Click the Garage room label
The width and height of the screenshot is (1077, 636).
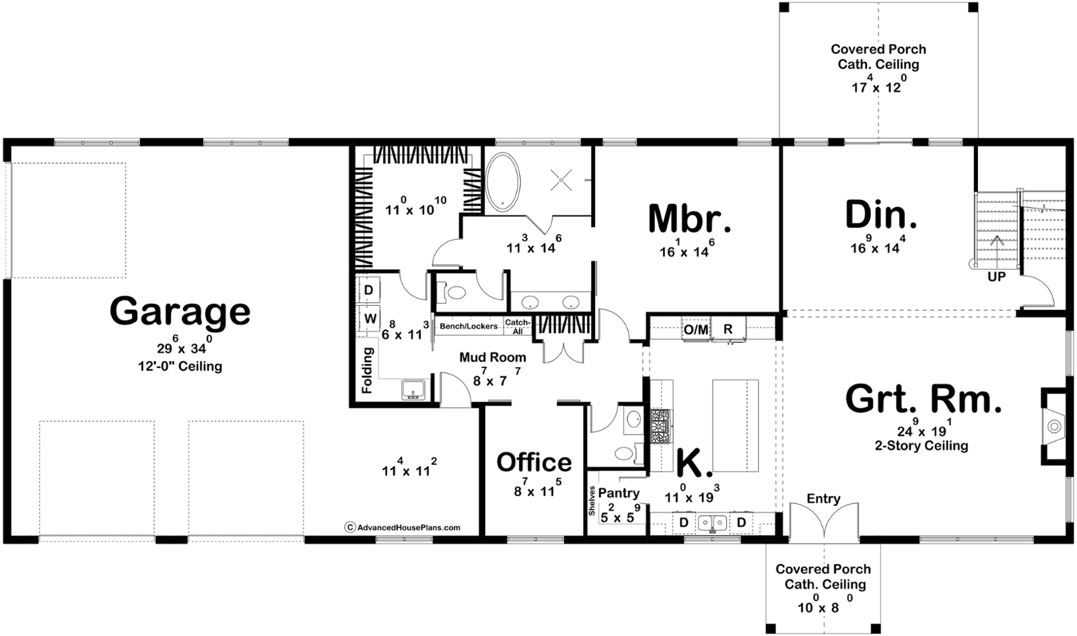tap(180, 312)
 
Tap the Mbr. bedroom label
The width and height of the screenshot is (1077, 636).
tap(689, 219)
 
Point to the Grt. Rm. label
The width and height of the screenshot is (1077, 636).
tap(924, 399)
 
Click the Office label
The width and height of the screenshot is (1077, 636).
tap(534, 462)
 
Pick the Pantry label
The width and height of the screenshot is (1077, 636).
tap(619, 493)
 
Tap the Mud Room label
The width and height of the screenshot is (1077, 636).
tap(493, 357)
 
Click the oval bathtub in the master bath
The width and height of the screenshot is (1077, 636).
tap(503, 183)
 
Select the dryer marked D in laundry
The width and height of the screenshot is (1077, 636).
tap(369, 290)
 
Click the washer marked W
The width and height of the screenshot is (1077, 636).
tap(370, 318)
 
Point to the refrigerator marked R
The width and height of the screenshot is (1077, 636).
tap(728, 329)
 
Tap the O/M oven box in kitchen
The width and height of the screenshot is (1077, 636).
tap(696, 329)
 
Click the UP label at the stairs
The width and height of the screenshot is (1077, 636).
tap(996, 277)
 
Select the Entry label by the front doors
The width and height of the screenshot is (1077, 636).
tap(823, 499)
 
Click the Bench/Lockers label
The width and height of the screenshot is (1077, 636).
tap(468, 326)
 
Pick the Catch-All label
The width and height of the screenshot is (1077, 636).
tap(518, 327)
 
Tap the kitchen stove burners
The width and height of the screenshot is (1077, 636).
tap(661, 426)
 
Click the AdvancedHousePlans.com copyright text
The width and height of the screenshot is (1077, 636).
tap(403, 528)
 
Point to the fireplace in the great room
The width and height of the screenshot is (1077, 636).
tap(1055, 426)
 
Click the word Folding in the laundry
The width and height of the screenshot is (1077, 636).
tap(368, 371)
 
